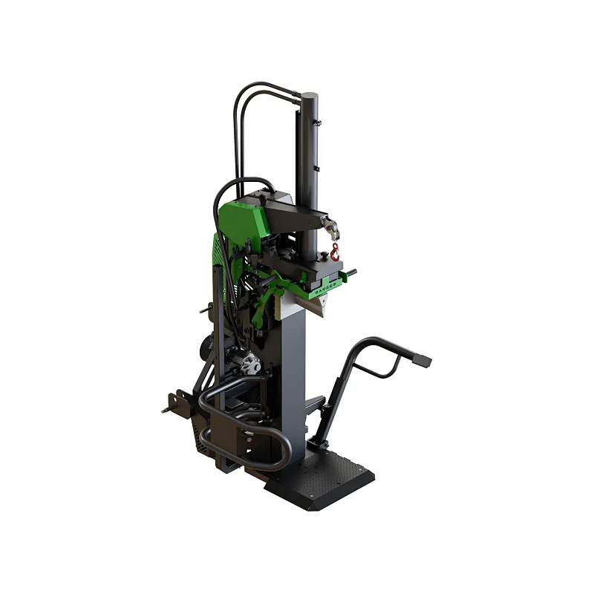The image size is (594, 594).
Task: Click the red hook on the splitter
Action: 335,251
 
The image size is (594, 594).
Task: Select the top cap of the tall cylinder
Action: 310,96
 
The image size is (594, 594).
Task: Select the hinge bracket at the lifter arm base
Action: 317,443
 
